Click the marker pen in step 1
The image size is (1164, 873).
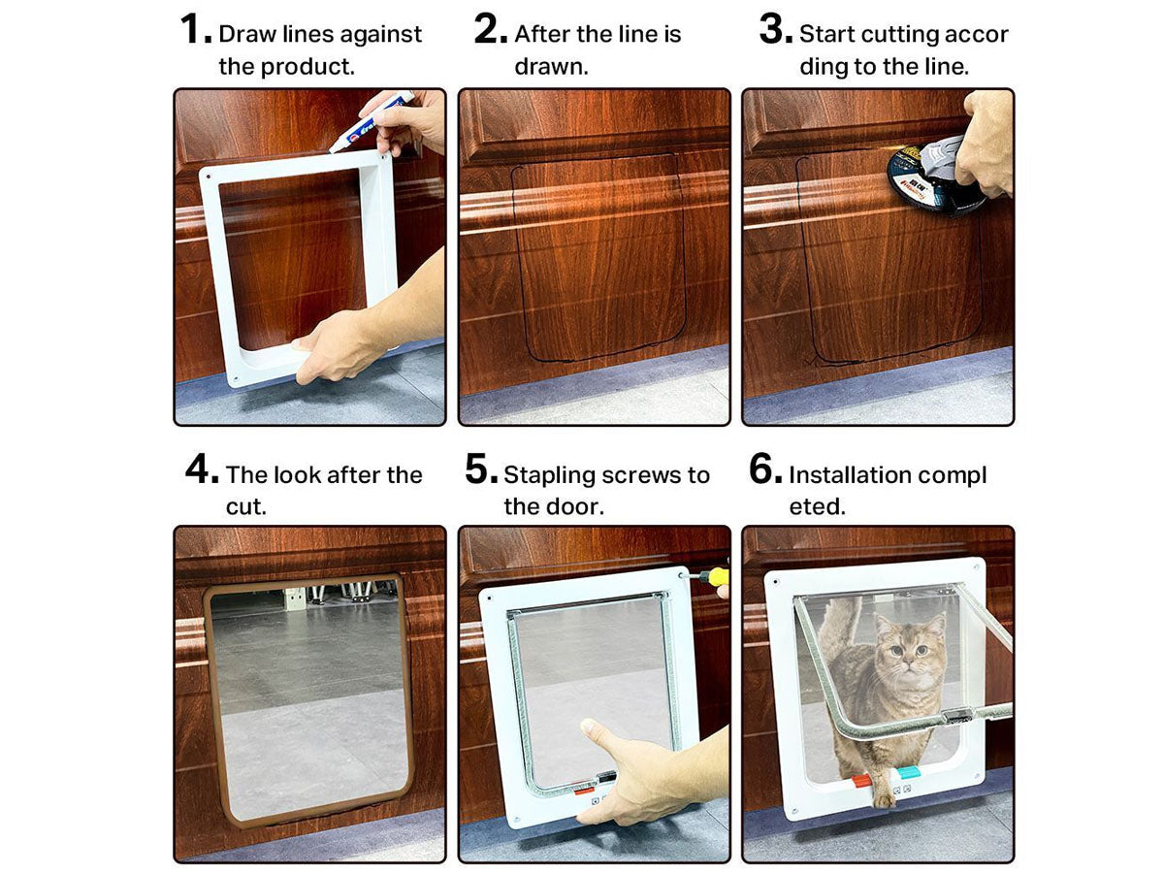tap(371, 122)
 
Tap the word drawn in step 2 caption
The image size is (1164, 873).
tap(551, 67)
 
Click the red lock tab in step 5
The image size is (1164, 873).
tap(584, 791)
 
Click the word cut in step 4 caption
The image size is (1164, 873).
tap(245, 507)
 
